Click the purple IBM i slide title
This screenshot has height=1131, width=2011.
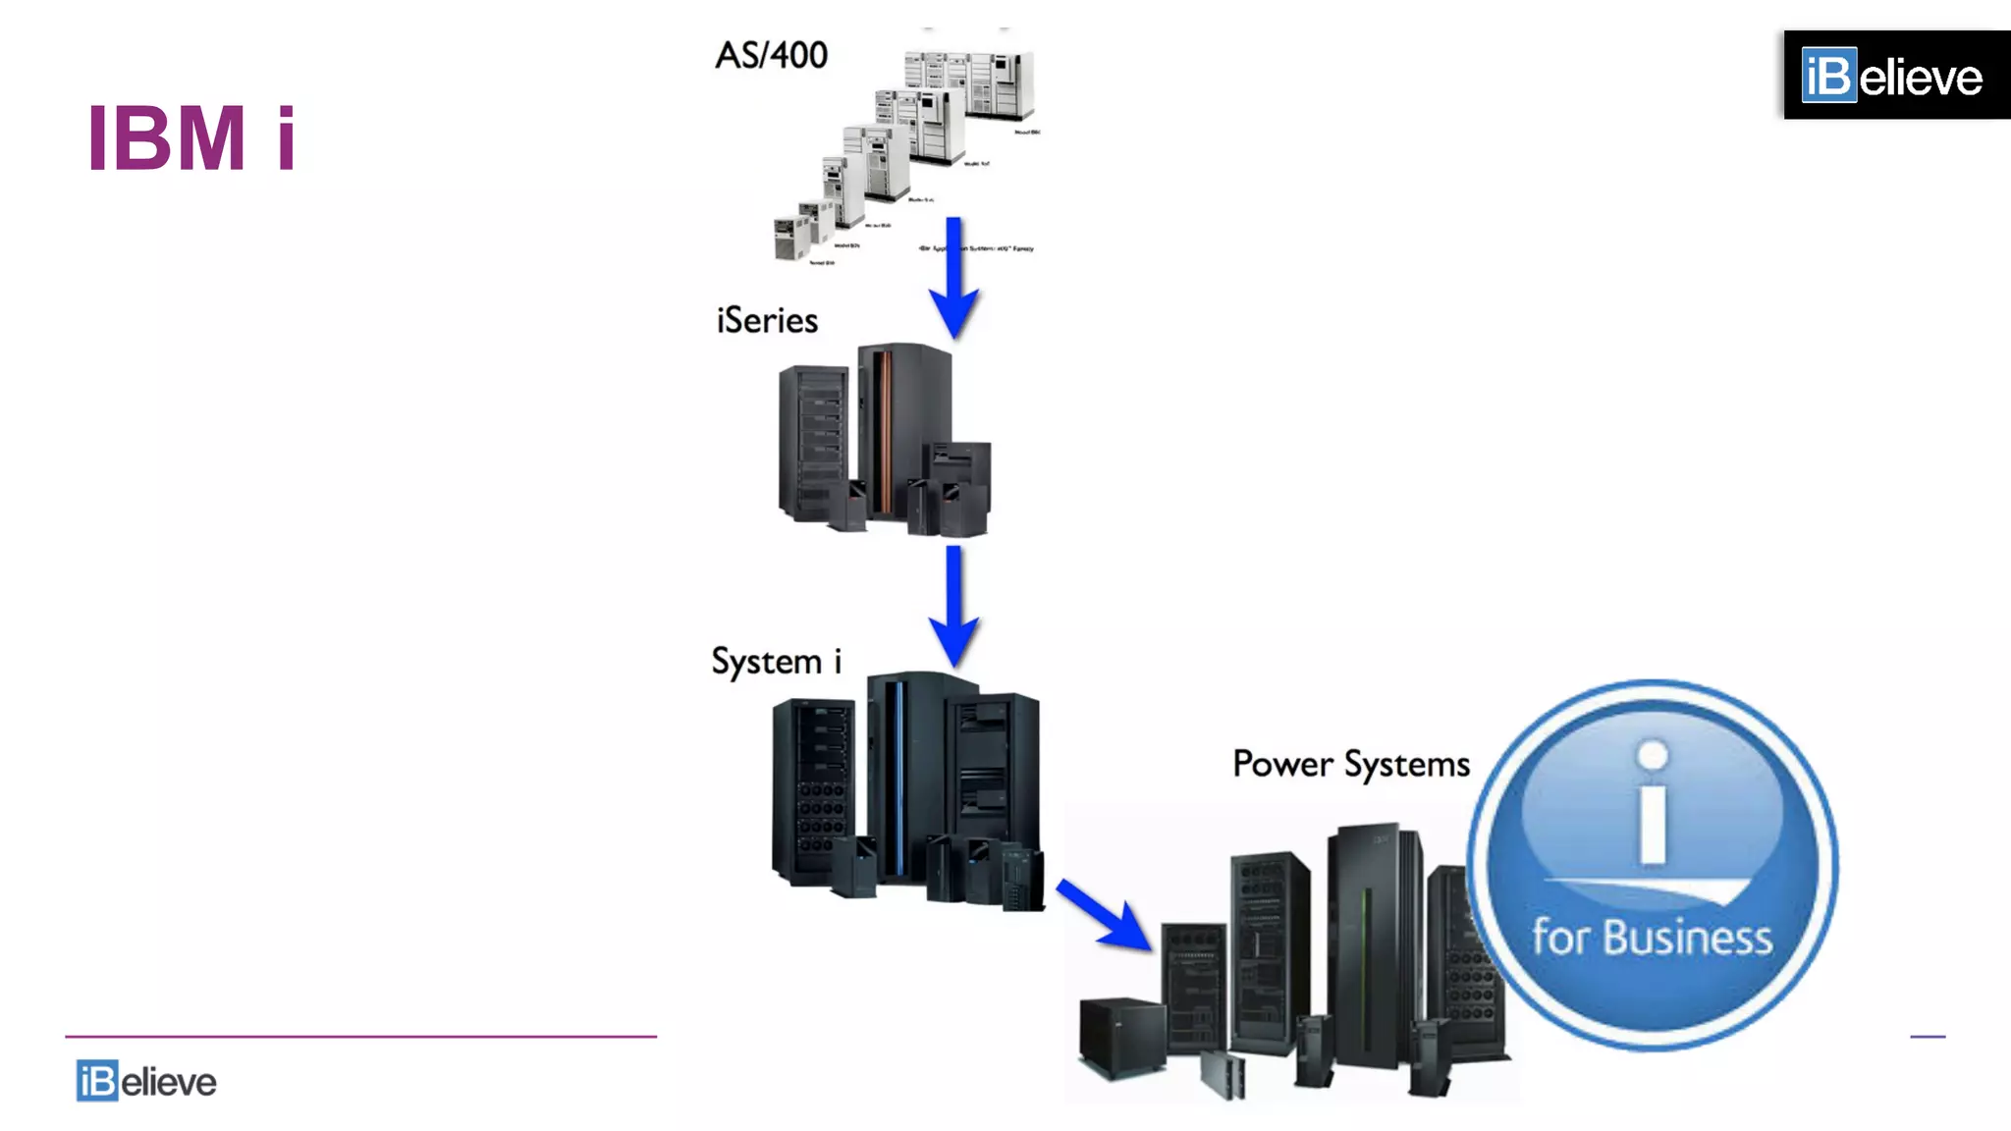point(191,138)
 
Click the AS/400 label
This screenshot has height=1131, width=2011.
point(772,56)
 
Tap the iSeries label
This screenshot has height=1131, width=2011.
point(767,321)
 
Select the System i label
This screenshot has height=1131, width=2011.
point(776,662)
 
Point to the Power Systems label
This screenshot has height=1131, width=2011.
point(1351,764)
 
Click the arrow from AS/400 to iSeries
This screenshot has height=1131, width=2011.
point(953,280)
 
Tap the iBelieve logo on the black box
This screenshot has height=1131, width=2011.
point(1892,76)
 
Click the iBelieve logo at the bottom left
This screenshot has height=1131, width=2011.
point(146,1081)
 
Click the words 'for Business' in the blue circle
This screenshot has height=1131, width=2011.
point(1653,938)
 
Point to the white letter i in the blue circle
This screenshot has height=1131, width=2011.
point(1654,805)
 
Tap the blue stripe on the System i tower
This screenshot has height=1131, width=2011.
point(898,776)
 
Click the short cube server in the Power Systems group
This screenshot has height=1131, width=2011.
point(1121,1036)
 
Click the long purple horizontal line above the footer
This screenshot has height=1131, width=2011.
point(360,1036)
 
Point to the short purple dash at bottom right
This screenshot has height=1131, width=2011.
point(1928,1036)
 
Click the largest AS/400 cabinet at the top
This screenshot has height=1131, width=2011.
point(999,83)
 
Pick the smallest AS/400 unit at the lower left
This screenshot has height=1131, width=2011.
point(790,239)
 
